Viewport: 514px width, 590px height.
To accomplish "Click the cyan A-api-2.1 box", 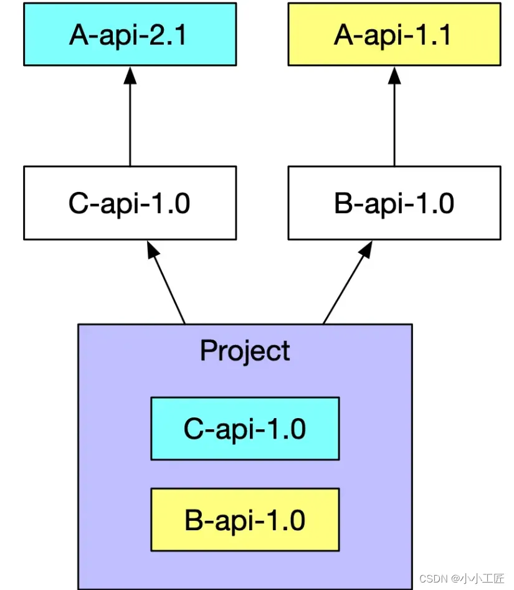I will coord(130,34).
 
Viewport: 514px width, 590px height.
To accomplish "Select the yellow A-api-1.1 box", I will coord(394,34).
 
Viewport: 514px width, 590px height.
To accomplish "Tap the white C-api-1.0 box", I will coord(130,203).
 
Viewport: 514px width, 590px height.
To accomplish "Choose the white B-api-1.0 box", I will coord(394,203).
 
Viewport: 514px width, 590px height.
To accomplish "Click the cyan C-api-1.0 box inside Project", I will coord(245,429).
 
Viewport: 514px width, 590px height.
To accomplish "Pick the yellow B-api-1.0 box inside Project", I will coord(245,520).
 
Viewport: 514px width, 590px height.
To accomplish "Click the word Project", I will coord(245,351).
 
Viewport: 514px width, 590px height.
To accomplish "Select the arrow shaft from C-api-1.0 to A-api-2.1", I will coord(130,125).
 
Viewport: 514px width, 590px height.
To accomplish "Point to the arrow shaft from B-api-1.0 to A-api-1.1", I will coord(394,125).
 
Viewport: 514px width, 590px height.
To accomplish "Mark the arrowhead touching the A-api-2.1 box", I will coord(130,75).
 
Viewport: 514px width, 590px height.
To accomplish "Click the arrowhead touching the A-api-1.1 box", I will coord(394,75).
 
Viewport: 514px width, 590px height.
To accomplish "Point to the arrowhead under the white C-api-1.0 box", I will coord(152,250).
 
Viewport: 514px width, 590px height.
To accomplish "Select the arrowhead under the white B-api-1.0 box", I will coord(366,250).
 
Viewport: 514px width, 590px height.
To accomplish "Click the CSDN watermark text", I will coord(434,578).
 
